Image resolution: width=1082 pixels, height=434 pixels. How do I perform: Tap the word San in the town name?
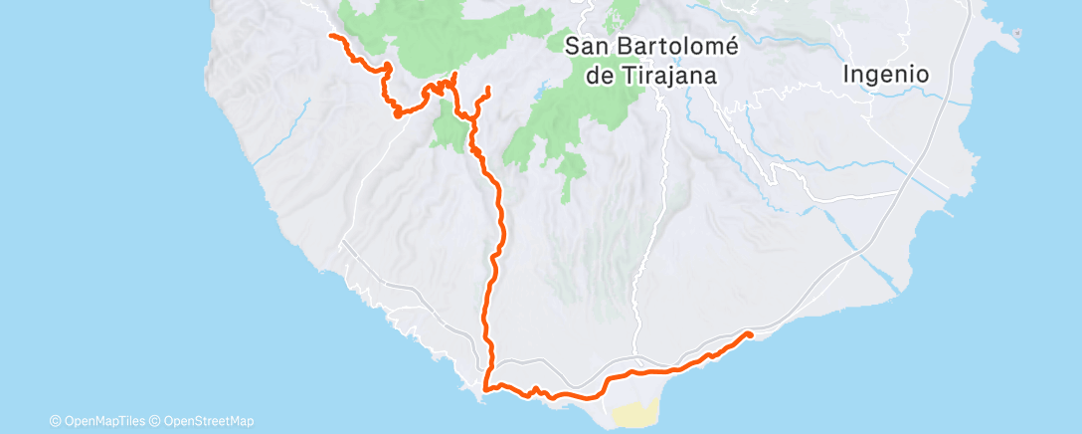coord(585,46)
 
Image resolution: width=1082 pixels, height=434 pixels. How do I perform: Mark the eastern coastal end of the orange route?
coord(748,334)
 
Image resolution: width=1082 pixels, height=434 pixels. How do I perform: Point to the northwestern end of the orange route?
coord(331,36)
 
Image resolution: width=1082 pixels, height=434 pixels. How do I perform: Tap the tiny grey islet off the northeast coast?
coord(1016,33)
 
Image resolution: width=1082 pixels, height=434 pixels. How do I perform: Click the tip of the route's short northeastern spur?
coord(488,93)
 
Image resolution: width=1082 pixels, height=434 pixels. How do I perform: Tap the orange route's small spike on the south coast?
coord(535,388)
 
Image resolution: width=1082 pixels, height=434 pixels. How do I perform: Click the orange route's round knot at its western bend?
coord(397,113)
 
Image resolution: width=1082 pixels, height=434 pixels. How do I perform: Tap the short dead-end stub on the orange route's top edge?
coord(454,75)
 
